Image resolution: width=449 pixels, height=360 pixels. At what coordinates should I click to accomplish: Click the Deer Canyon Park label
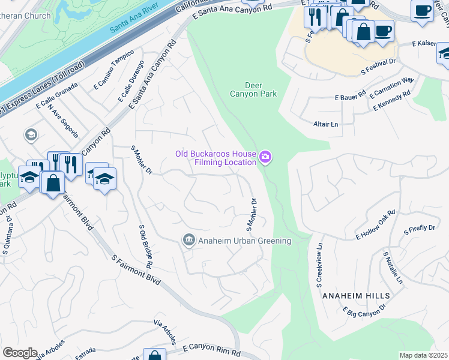pyautogui.click(x=253, y=89)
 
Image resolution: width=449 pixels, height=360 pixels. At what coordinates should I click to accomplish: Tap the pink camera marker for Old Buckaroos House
pyautogui.click(x=266, y=158)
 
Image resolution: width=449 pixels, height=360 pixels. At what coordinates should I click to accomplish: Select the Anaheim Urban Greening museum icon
pyautogui.click(x=188, y=241)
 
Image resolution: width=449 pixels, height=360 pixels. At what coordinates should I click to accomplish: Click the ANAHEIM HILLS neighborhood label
pyautogui.click(x=356, y=296)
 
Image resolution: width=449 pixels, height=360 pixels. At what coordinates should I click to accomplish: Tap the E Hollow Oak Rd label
pyautogui.click(x=376, y=224)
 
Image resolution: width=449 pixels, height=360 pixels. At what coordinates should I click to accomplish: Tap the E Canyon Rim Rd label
pyautogui.click(x=211, y=347)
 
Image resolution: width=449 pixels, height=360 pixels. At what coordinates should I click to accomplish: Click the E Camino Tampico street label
pyautogui.click(x=113, y=70)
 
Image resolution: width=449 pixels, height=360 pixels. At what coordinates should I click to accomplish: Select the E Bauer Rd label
pyautogui.click(x=351, y=97)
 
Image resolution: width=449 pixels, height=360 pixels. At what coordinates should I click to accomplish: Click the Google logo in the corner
pyautogui.click(x=20, y=353)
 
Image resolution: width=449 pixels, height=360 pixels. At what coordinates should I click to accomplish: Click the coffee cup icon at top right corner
pyautogui.click(x=422, y=10)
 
